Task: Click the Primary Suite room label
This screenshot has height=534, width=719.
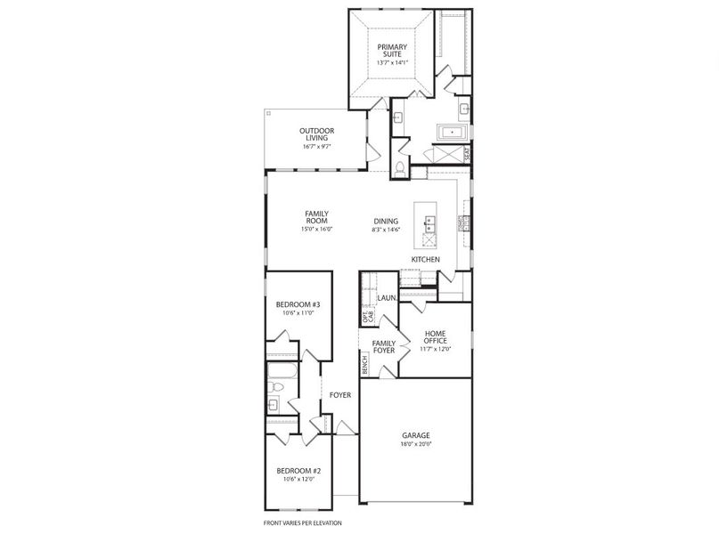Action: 391,51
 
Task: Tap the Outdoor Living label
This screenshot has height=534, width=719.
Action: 316,134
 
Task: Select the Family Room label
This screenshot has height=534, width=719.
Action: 316,217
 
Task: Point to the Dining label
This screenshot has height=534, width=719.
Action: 386,222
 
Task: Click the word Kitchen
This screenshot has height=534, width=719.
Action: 425,259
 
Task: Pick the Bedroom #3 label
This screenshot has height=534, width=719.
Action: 298,304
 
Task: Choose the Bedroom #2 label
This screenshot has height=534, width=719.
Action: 298,471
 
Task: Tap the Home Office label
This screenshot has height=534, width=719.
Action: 435,336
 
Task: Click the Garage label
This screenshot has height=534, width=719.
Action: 415,435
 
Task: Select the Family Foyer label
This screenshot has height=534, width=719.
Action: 384,347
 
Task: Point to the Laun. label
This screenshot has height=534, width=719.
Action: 387,298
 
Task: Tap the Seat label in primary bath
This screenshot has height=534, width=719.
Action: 467,153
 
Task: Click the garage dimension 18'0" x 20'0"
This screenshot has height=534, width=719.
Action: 415,443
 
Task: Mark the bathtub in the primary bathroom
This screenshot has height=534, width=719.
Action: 452,133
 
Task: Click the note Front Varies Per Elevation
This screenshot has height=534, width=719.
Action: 302,523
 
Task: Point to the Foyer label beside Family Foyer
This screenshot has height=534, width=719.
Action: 340,394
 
